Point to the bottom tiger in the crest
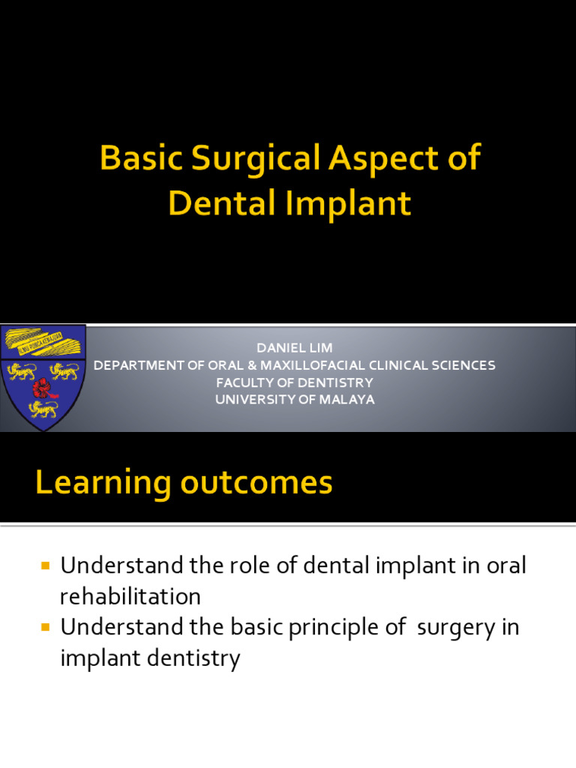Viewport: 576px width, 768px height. click(43, 409)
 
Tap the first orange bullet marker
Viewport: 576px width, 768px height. click(45, 565)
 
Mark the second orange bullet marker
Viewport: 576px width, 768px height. click(45, 626)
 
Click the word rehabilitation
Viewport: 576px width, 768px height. click(130, 596)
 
